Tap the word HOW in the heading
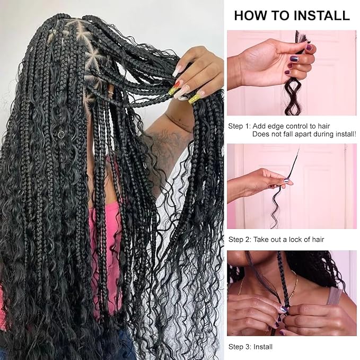point(251,15)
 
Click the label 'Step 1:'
point(239,126)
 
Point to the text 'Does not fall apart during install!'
point(304,134)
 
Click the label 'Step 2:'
point(240,240)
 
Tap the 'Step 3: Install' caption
point(250,347)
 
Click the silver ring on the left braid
point(61,135)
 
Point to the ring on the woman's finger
point(110,92)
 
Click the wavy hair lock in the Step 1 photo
point(292,96)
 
